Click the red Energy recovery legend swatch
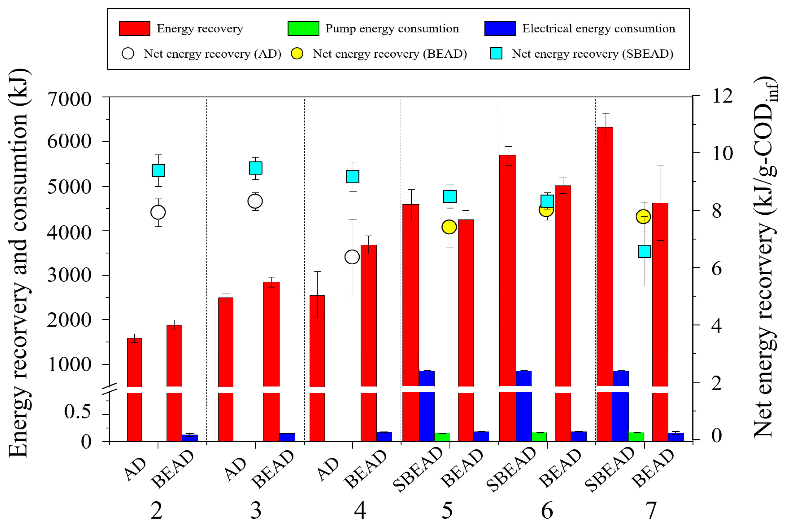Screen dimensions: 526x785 coord(134,29)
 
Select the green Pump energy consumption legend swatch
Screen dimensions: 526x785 coord(303,29)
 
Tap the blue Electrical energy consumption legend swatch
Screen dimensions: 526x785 coord(500,29)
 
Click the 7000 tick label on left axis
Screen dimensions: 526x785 coord(69,100)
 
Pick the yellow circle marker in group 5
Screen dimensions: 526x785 coord(449,227)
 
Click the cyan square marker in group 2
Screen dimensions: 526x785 coord(158,170)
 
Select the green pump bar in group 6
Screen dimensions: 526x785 coord(539,437)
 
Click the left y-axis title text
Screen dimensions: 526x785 coord(19,263)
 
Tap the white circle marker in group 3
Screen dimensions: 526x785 coord(255,202)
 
